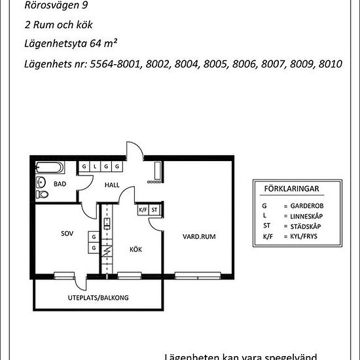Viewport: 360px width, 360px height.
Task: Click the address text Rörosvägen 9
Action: point(56,6)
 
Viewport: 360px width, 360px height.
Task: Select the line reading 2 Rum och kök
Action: point(57,26)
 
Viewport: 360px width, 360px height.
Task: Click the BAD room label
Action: point(60,185)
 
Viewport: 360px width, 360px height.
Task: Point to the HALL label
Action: point(112,185)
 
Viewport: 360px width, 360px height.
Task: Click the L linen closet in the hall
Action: point(94,167)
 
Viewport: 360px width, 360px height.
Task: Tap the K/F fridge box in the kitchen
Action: point(143,210)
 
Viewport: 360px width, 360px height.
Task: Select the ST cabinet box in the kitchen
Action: point(155,210)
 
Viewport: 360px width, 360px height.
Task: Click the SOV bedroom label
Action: point(66,234)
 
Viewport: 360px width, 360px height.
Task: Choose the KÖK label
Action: point(135,249)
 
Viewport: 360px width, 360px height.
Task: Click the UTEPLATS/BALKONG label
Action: point(98,298)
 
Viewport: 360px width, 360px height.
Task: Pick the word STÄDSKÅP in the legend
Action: point(306,226)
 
